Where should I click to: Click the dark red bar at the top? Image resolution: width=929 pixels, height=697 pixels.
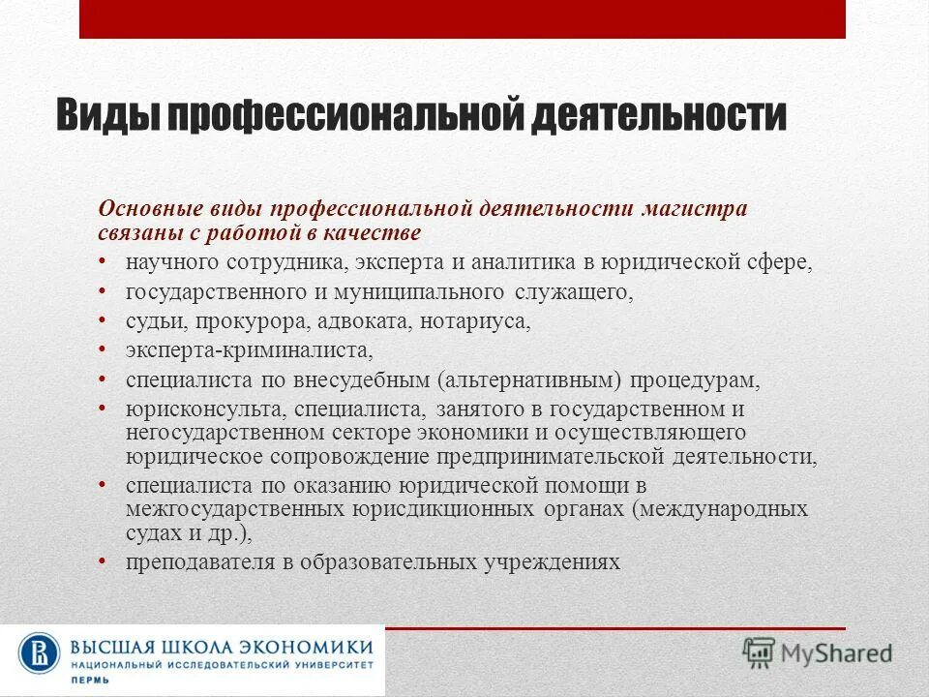(x=463, y=19)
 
